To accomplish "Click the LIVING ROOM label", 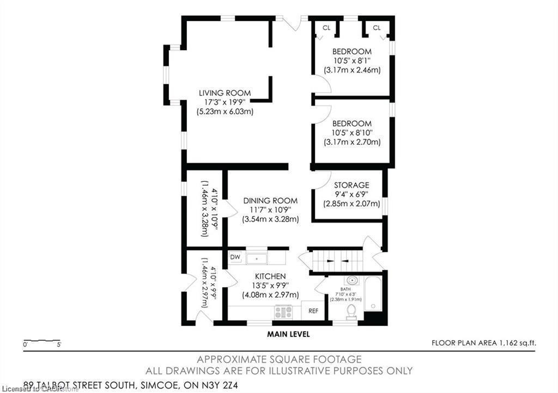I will (x=225, y=93).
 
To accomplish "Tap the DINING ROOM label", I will (x=270, y=200).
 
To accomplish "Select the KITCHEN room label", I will (x=271, y=276).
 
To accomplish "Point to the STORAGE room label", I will (x=351, y=185).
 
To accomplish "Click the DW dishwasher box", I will (x=235, y=257).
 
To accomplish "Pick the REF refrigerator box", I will (x=313, y=311).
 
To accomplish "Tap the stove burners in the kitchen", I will (x=283, y=312).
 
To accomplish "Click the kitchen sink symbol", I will (x=256, y=257).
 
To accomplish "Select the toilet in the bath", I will (x=351, y=311).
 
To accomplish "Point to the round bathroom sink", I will (x=354, y=281).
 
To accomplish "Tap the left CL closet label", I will (x=326, y=28).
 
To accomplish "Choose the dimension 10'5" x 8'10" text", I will (x=351, y=133).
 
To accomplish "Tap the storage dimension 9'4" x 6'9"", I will (x=351, y=194).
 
